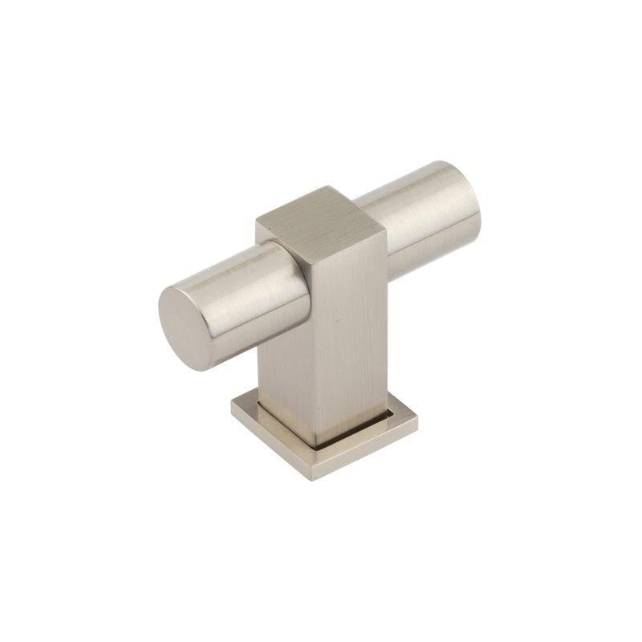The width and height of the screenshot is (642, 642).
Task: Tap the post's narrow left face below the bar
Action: [281, 377]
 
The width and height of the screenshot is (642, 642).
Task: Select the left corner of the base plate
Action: [233, 405]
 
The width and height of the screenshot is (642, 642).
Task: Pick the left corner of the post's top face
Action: [257, 221]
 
